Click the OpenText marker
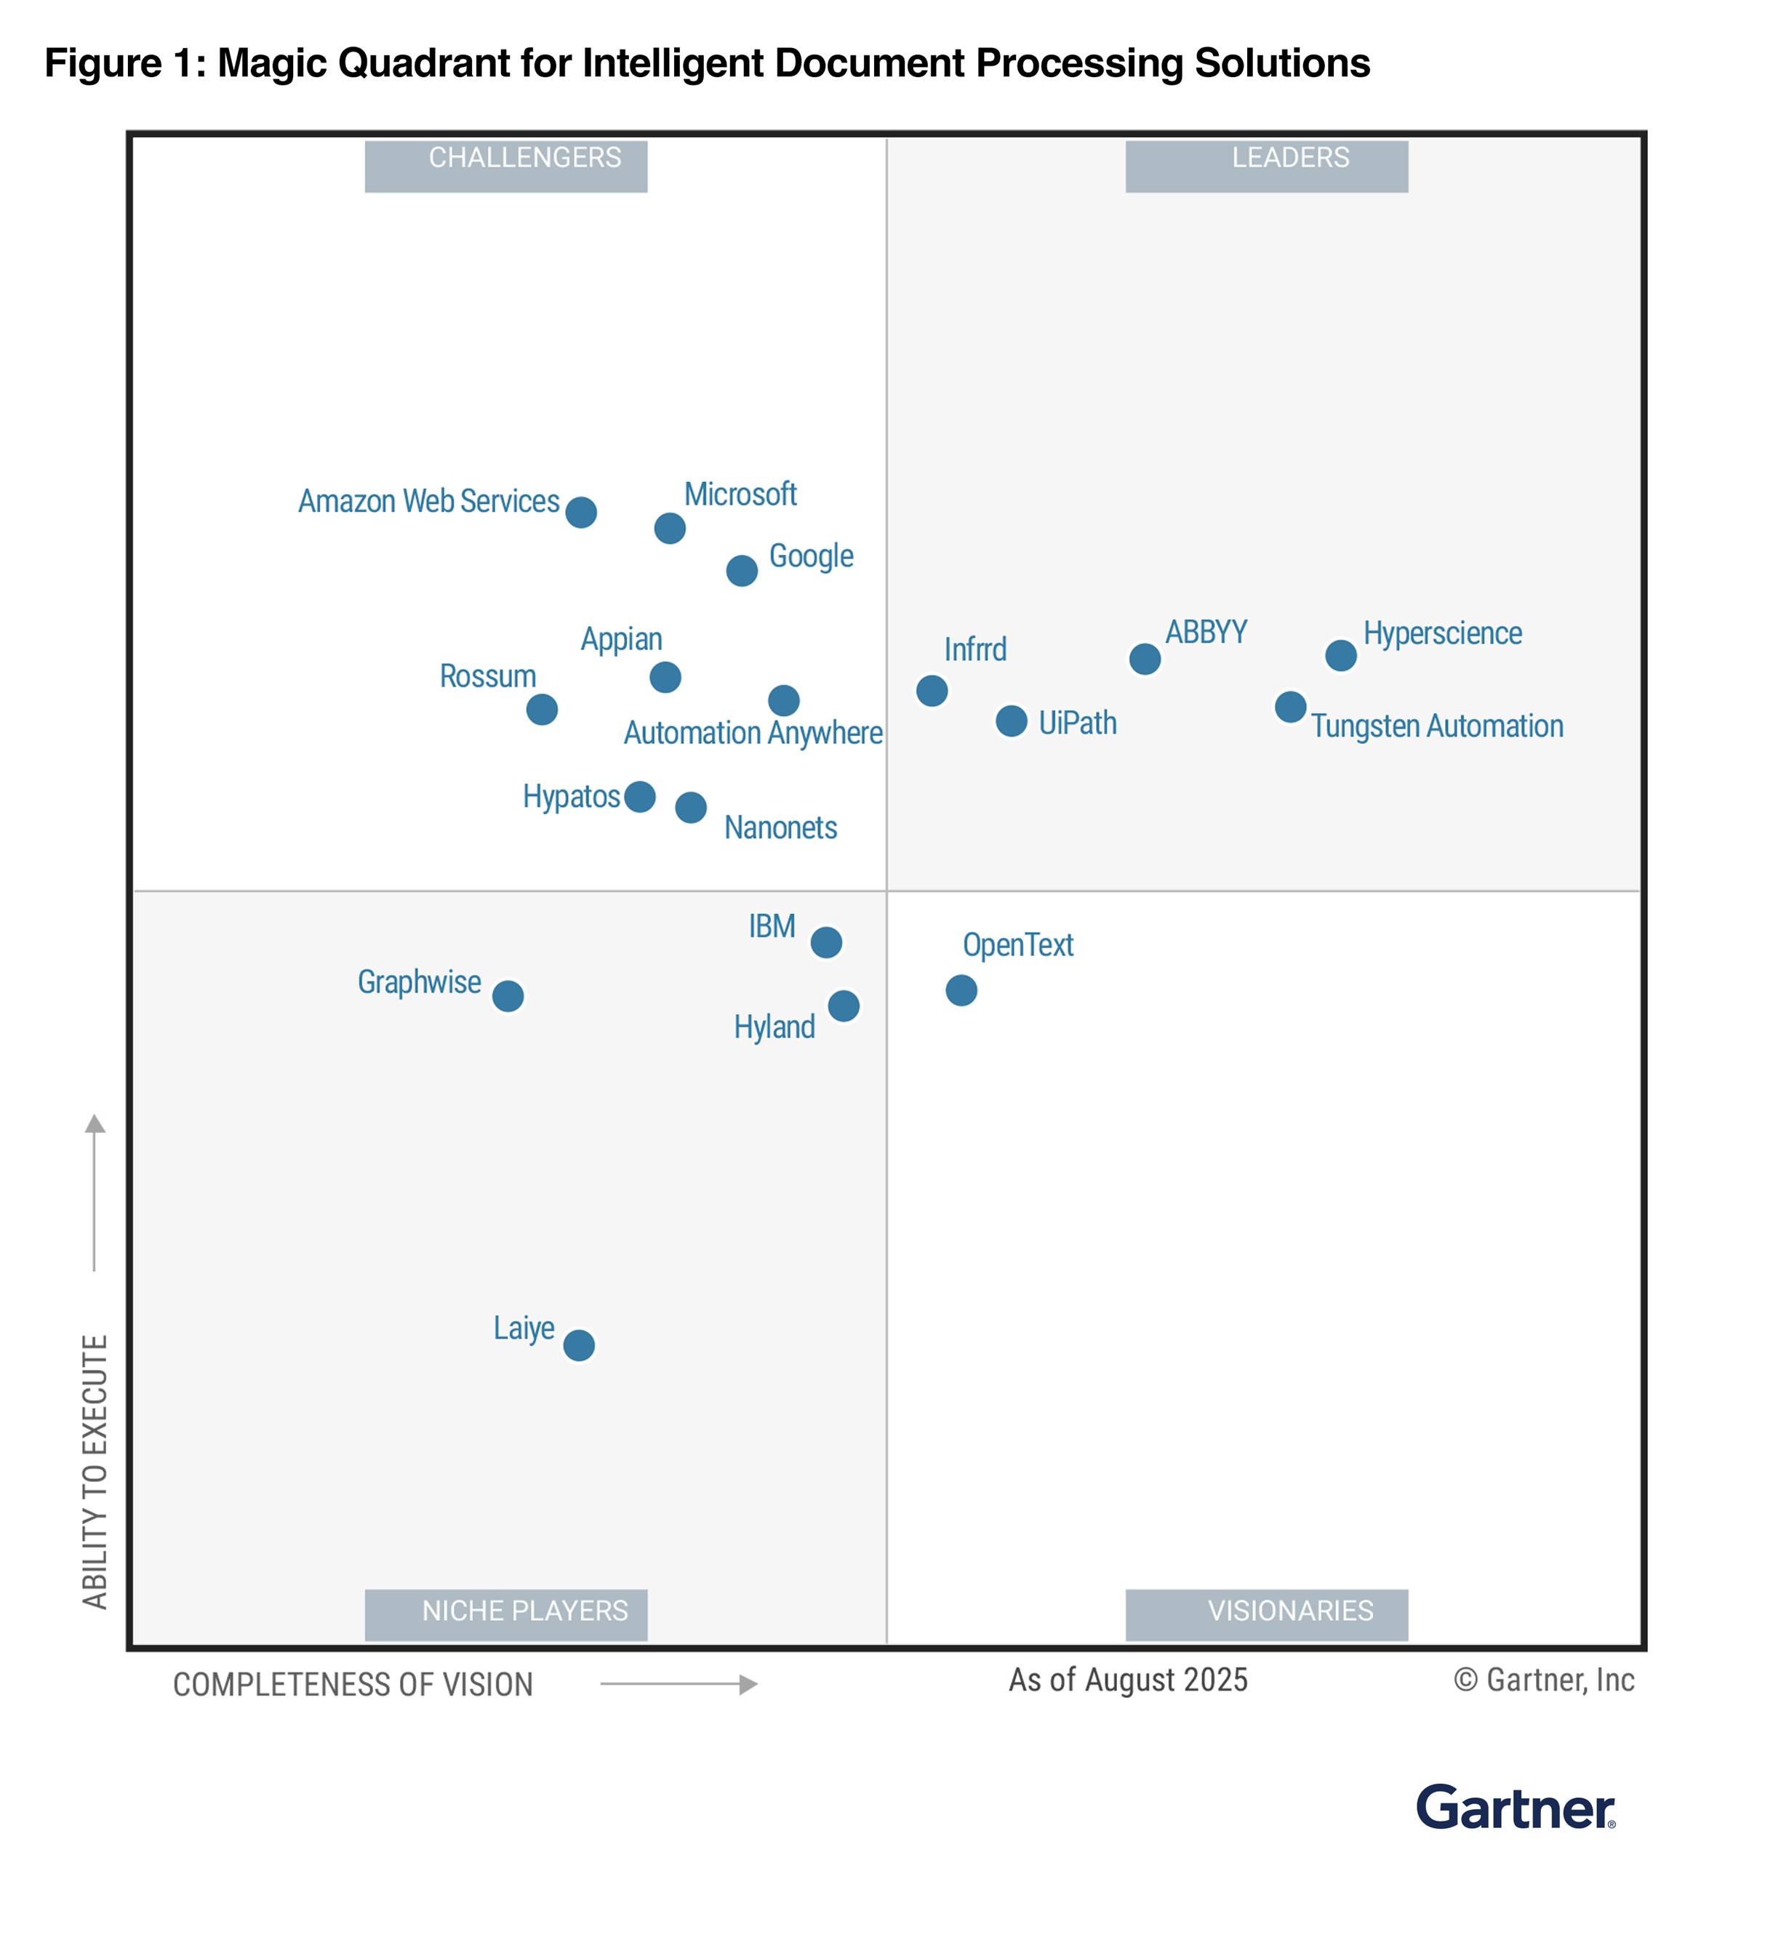(961, 990)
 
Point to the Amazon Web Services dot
(581, 512)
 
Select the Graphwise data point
(508, 996)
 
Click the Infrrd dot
(932, 692)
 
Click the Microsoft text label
(740, 494)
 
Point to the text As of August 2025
(1128, 1680)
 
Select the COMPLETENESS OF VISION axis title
(353, 1685)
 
